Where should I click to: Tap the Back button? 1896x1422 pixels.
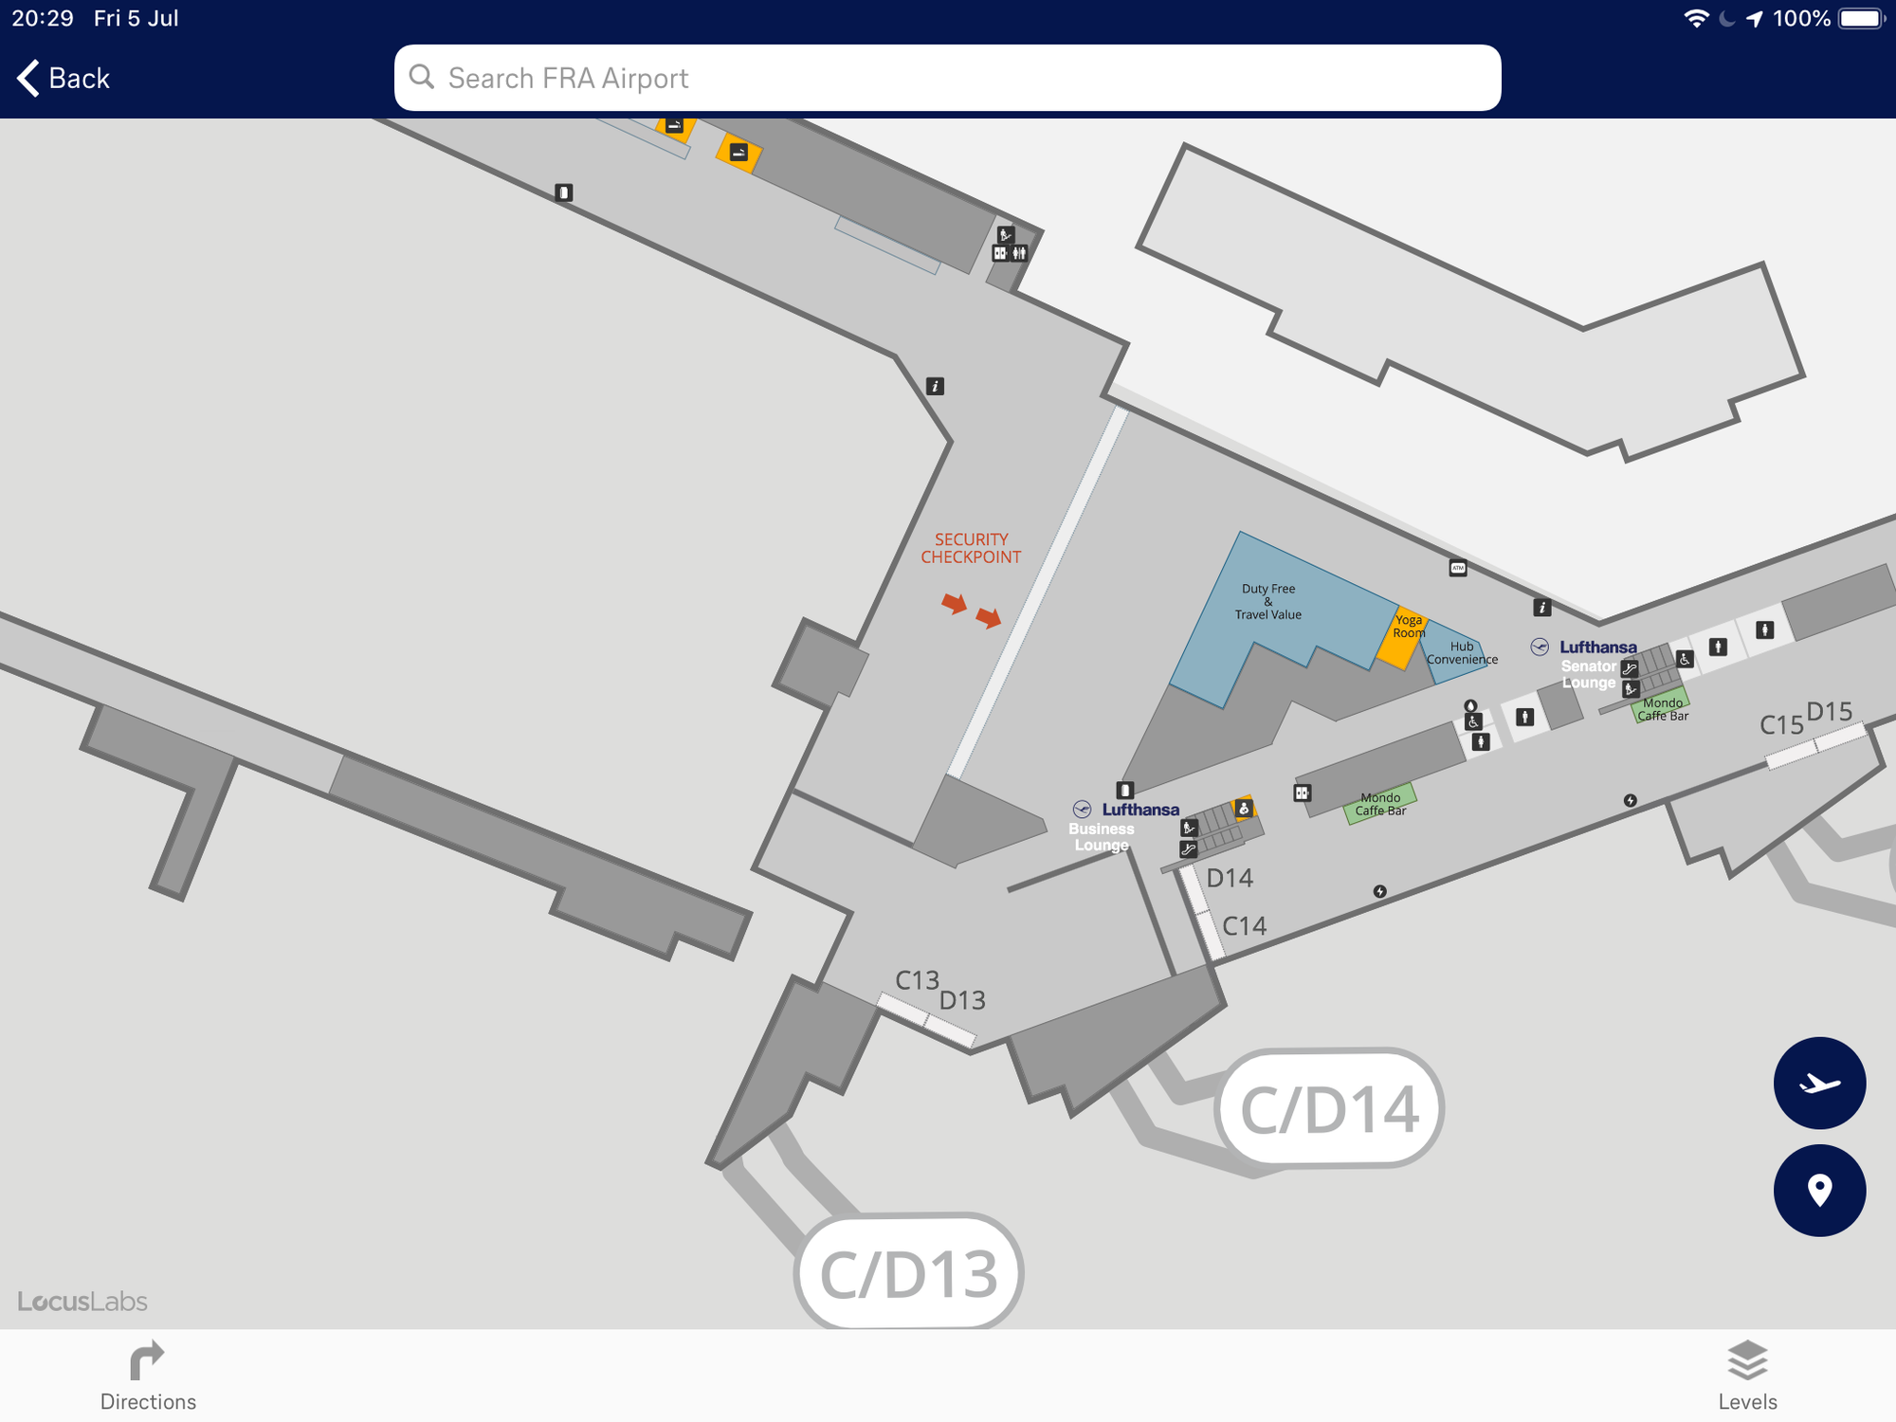coord(64,78)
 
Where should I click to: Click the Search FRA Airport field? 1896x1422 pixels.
coord(947,78)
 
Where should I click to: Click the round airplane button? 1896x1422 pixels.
coord(1819,1083)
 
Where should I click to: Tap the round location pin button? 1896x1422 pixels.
coord(1819,1190)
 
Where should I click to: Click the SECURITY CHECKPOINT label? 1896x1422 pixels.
coord(971,548)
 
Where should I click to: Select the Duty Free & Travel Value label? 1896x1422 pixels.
coord(1268,601)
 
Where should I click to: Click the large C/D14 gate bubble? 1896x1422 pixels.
coord(1329,1108)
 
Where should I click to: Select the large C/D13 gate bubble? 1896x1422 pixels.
coord(908,1273)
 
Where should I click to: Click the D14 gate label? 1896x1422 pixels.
coord(1230,879)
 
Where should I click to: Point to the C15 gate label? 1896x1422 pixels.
coord(1781,725)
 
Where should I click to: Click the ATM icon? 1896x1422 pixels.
coord(1458,568)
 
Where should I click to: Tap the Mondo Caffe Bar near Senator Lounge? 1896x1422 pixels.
coord(1662,709)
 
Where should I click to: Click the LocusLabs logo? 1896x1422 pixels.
coord(82,1302)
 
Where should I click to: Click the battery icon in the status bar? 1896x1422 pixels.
coord(1861,19)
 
